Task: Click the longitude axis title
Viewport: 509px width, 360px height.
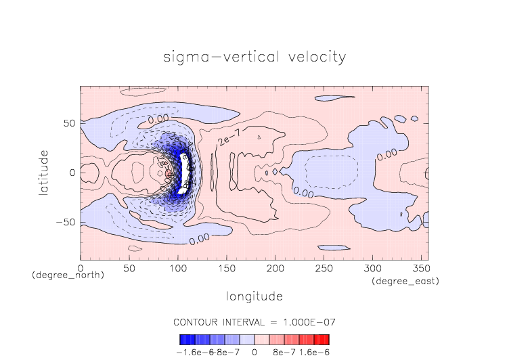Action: pyautogui.click(x=255, y=296)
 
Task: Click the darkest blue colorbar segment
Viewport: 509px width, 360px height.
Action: pyautogui.click(x=183, y=339)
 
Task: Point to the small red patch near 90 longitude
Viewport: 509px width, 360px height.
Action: pyautogui.click(x=169, y=175)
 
